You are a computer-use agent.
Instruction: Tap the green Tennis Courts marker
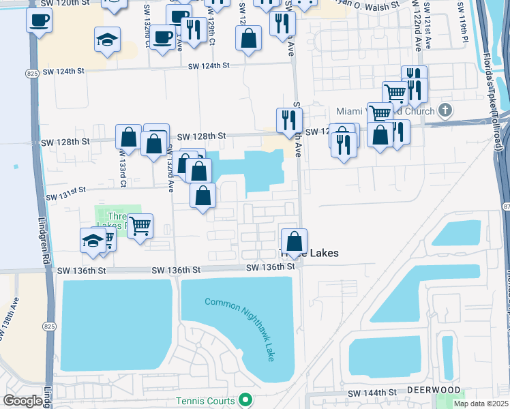246,400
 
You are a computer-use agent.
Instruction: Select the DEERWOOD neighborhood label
434,389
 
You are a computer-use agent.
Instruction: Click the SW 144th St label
372,393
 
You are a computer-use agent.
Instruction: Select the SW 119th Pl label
463,31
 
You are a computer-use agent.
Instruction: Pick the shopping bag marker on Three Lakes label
294,241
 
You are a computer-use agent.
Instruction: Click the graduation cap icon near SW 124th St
107,39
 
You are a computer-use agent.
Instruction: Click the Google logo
22,401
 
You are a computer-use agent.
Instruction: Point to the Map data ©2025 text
481,404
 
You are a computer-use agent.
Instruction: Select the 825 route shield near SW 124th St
32,70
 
